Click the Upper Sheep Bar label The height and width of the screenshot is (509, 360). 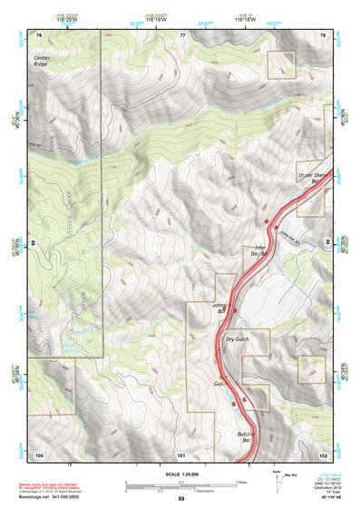[311, 177]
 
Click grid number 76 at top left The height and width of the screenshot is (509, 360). [39, 34]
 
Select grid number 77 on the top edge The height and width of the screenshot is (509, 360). [182, 34]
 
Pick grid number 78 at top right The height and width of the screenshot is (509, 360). [324, 34]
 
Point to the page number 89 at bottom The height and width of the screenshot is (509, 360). [181, 500]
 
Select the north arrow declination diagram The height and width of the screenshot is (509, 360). [276, 477]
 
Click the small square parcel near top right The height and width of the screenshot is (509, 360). [282, 64]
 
